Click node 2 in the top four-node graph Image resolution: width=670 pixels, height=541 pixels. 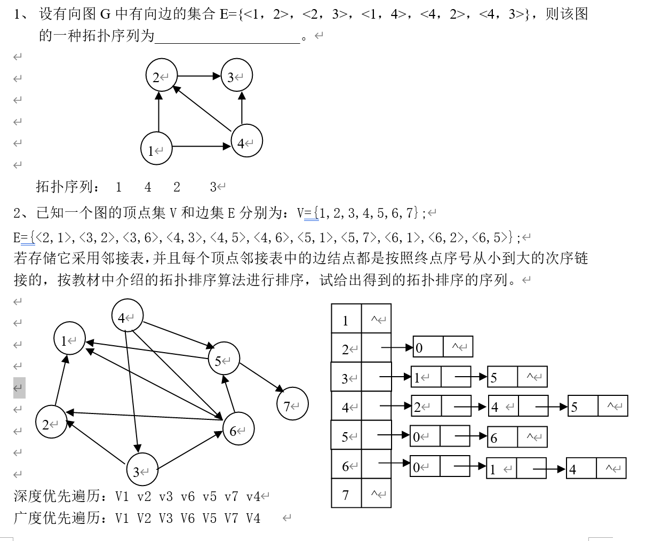(161, 76)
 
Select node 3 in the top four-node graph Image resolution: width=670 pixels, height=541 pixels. (236, 76)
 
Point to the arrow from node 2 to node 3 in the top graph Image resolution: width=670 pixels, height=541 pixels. (198, 76)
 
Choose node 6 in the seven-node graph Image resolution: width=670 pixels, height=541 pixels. (238, 428)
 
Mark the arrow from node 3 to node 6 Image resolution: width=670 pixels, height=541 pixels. (190, 449)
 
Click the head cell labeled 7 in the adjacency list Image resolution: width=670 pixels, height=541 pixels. (346, 494)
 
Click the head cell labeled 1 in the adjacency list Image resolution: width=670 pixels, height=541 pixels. (346, 320)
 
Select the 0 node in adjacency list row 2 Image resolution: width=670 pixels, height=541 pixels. (428, 347)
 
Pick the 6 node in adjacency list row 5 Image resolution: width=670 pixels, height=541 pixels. (502, 437)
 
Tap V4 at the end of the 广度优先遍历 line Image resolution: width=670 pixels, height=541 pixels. (253, 518)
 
